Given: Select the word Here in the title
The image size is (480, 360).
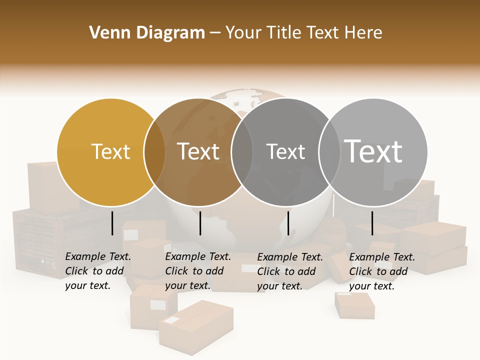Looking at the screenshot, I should pos(363,33).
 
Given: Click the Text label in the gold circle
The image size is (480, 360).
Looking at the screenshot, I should pos(110,151).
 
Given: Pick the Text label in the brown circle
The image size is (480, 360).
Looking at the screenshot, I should pos(198,151).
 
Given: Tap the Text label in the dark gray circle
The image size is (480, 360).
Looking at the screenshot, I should pos(285,151).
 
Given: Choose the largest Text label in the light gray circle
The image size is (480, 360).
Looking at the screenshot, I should pos(373,151).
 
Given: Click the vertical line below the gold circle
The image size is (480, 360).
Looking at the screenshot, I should pos(112,223).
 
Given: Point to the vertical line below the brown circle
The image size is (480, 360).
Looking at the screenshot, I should pos(200,223).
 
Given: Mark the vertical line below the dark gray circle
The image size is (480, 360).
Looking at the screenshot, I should pos(288,223).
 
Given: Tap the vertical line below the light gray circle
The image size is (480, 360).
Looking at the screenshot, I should pos(372,223).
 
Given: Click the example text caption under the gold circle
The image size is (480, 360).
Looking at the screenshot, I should pos(98,271).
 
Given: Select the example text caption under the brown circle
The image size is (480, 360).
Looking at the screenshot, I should pos(198,271).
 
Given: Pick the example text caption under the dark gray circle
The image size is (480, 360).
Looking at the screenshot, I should pos(290,271).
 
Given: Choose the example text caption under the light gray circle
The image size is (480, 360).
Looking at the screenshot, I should pos(382,271).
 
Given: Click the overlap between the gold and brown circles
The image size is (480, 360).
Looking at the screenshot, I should pos(154,152).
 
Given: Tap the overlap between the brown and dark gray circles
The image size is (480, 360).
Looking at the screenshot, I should pos(242,152).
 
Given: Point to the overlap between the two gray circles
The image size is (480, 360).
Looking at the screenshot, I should pos(329,152).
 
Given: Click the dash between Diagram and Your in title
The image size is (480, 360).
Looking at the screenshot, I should pos(215,33).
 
